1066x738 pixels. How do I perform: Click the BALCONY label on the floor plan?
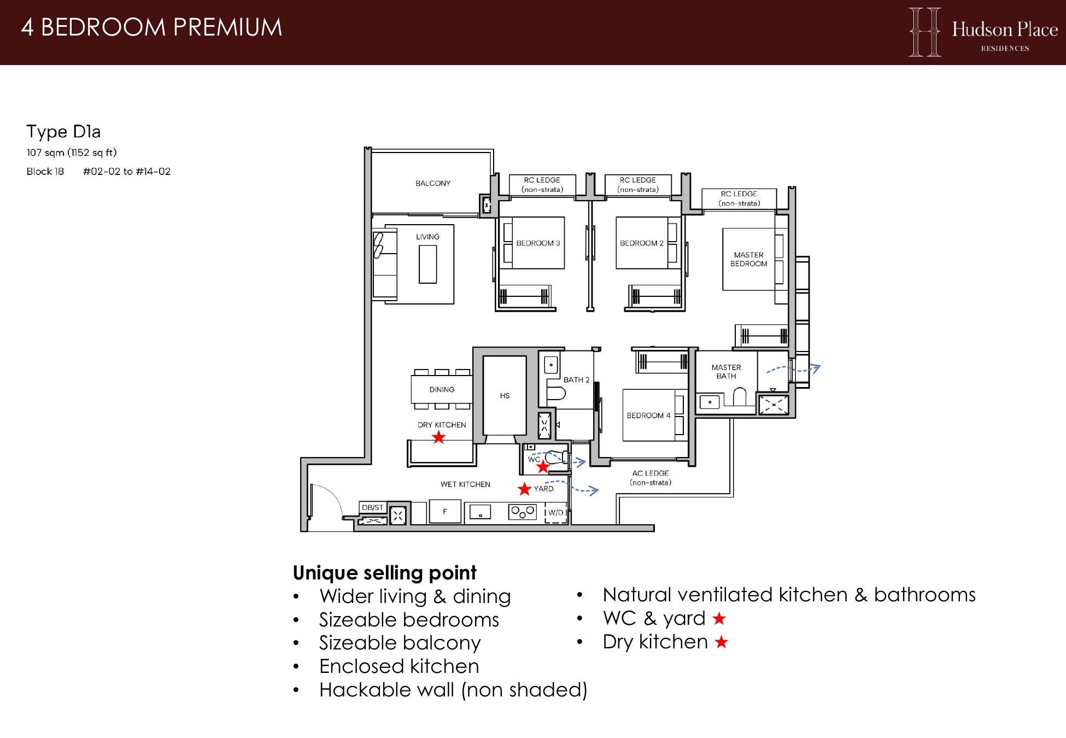[433, 184]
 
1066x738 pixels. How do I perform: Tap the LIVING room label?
[427, 237]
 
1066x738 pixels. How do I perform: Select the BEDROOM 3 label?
[538, 243]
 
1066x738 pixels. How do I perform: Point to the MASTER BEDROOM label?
[748, 259]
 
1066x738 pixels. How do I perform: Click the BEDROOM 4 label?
[648, 415]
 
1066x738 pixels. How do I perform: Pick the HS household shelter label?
[505, 396]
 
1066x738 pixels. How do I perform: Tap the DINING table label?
[442, 390]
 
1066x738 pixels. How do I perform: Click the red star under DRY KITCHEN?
[438, 437]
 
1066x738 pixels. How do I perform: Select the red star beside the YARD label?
[525, 489]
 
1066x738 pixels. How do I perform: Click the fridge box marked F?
[445, 512]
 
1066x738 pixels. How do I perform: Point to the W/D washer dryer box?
[556, 513]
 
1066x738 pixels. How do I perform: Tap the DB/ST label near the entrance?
[372, 508]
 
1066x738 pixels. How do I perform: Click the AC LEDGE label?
[651, 473]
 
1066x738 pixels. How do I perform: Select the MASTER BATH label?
[726, 372]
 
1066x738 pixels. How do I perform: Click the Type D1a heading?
[63, 132]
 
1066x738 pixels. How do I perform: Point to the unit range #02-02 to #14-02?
[127, 172]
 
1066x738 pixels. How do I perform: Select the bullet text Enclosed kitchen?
[399, 666]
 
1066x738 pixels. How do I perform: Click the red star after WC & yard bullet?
[719, 619]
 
